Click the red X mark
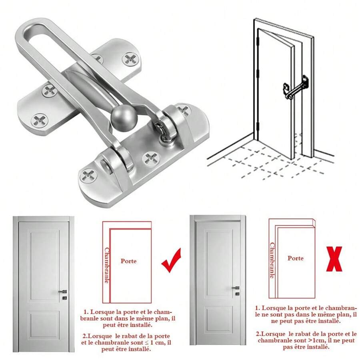click(x=334, y=259)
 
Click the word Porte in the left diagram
click(x=128, y=261)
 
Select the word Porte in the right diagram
click(x=296, y=258)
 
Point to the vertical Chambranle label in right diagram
click(x=272, y=260)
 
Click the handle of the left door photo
click(x=62, y=292)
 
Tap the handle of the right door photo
click(x=236, y=288)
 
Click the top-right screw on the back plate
click(x=130, y=60)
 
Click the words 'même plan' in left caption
click(x=152, y=319)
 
